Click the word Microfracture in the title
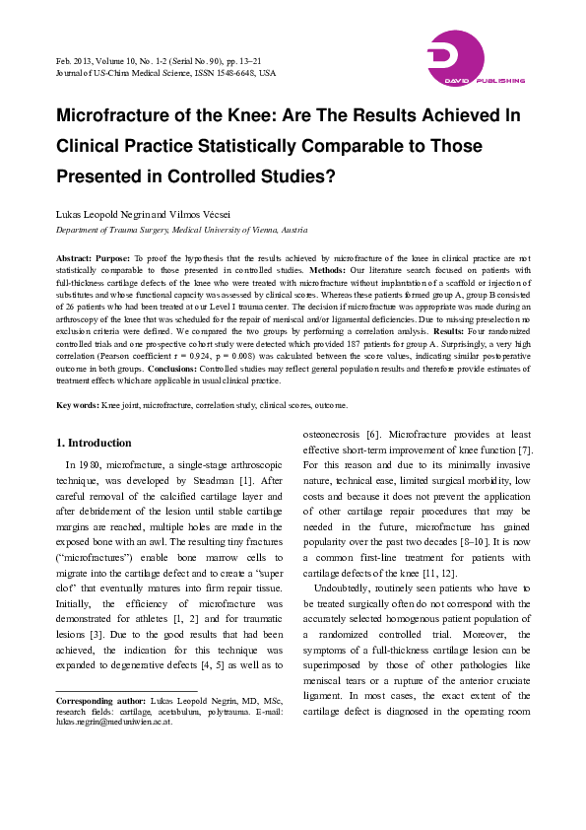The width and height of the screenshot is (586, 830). point(117,114)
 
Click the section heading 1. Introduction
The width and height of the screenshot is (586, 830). point(93,444)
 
